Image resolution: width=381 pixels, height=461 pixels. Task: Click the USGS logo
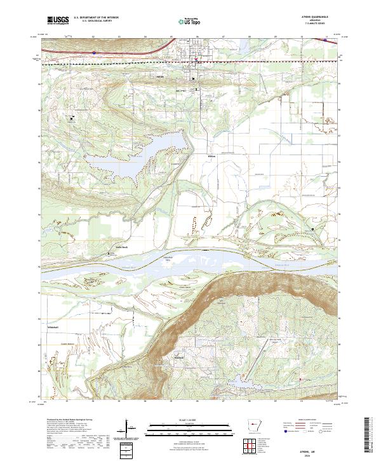click(x=58, y=20)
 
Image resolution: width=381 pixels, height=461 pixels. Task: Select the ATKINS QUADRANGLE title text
click(x=319, y=17)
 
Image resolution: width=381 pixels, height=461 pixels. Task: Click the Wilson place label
click(x=212, y=155)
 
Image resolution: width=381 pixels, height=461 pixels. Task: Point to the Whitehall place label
click(x=53, y=327)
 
